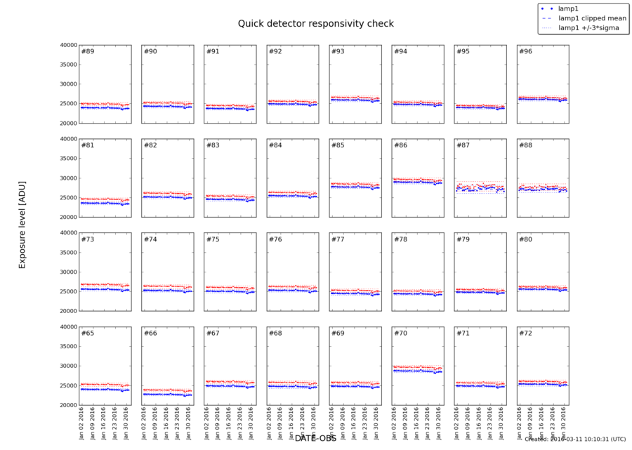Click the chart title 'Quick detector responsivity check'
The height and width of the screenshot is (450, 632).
pyautogui.click(x=315, y=23)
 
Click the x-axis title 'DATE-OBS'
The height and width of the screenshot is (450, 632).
pyautogui.click(x=315, y=438)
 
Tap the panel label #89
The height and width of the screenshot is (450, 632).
pyautogui.click(x=88, y=52)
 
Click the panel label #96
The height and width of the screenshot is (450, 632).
pyautogui.click(x=525, y=52)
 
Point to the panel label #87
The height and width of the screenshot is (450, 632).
pyautogui.click(x=463, y=146)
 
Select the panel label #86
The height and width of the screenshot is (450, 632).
pyautogui.click(x=400, y=146)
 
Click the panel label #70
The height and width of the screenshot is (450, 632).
pyautogui.click(x=400, y=333)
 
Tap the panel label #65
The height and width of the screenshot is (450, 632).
pyautogui.click(x=88, y=333)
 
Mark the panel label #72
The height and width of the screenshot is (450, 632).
pyautogui.click(x=525, y=333)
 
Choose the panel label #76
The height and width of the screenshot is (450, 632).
pyautogui.click(x=275, y=239)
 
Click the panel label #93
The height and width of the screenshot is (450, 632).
pyautogui.click(x=338, y=52)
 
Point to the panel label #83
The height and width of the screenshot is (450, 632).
pyautogui.click(x=213, y=146)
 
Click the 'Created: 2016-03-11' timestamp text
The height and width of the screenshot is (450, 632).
pyautogui.click(x=574, y=439)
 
